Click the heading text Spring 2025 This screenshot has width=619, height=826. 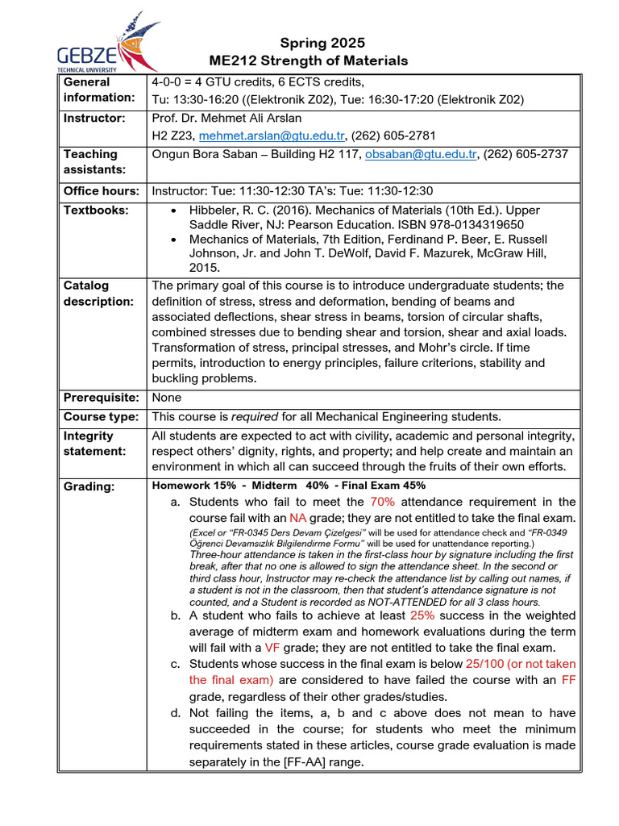pyautogui.click(x=322, y=43)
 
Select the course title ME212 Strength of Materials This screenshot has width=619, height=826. pyautogui.click(x=309, y=60)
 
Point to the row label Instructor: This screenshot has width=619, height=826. pyautogui.click(x=94, y=118)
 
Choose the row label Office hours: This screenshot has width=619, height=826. pyautogui.click(x=101, y=191)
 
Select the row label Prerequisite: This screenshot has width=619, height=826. pyautogui.click(x=102, y=398)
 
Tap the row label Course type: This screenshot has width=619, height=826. pyautogui.click(x=101, y=416)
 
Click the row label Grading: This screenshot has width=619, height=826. pyautogui.click(x=89, y=486)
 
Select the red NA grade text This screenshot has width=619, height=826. pyautogui.click(x=298, y=518)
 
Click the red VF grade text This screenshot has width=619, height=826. pyautogui.click(x=273, y=648)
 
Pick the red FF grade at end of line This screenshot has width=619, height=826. pyautogui.click(x=568, y=680)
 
